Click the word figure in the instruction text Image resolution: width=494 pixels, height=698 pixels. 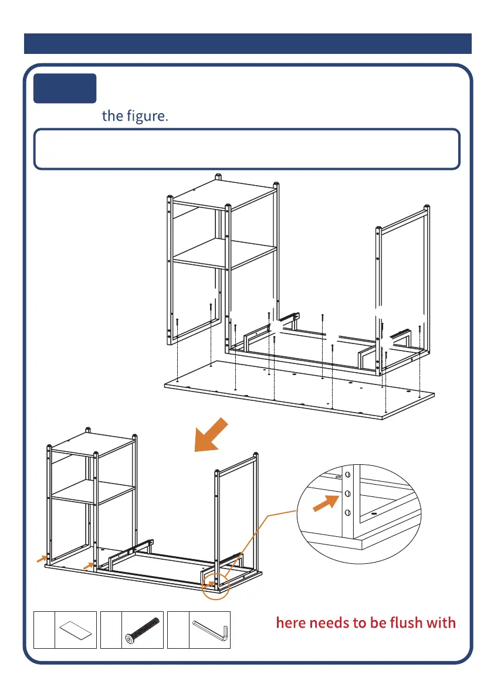tap(146, 115)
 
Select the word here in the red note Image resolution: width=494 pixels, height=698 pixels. tap(295, 622)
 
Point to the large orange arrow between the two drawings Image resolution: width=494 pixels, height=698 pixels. tap(213, 435)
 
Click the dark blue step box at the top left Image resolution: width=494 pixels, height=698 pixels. tap(65, 88)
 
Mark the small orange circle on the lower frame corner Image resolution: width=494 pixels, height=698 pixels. tap(215, 582)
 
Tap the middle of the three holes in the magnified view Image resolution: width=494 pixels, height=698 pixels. tap(347, 494)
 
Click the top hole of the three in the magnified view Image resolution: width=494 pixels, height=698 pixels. tap(347, 475)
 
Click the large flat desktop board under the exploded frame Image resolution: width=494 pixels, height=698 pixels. tap(299, 390)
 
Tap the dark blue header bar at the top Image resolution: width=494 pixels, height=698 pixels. tap(248, 44)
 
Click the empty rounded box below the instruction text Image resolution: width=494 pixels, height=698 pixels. tap(246, 149)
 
